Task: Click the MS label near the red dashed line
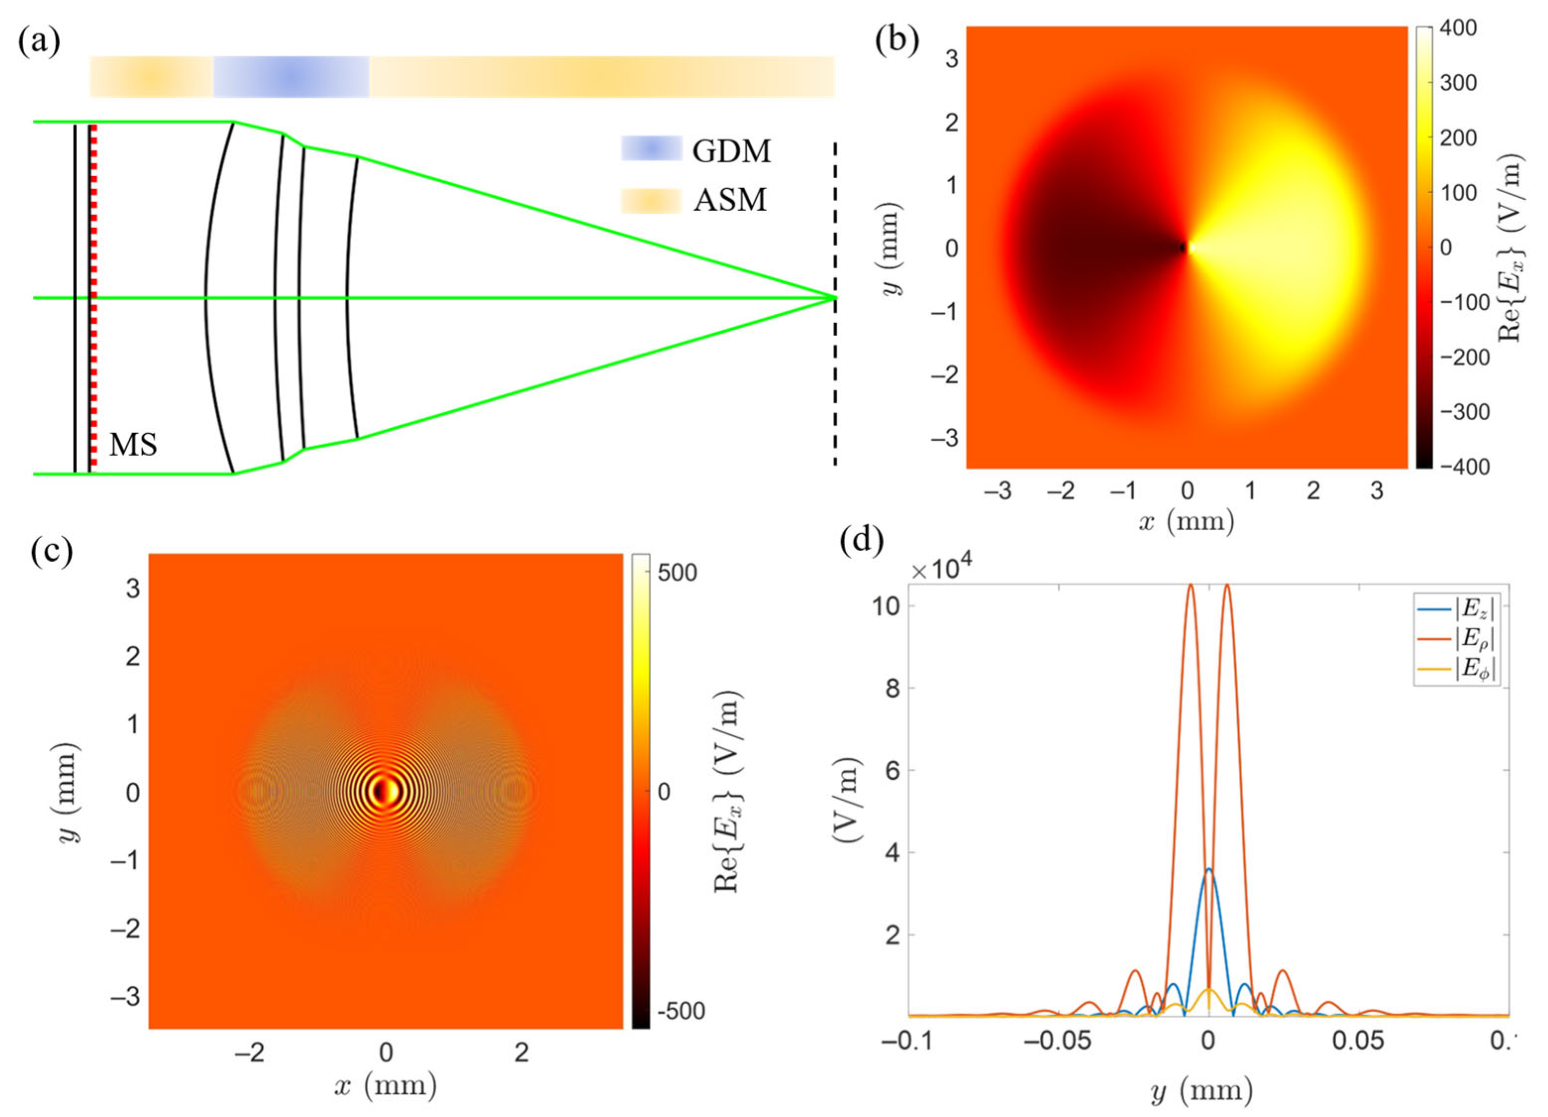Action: pos(133,445)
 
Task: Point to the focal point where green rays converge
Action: pos(834,298)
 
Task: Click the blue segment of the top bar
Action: pos(291,76)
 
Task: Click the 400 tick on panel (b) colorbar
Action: pos(1458,28)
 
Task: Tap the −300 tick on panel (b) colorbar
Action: pos(1463,412)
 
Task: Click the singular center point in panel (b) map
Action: pos(1186,248)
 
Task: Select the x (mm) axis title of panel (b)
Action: pos(1186,523)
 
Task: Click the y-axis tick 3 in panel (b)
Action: pos(951,59)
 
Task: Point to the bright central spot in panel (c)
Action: pos(385,791)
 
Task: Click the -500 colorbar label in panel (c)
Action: pos(680,1011)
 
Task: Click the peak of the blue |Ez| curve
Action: pos(1209,868)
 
